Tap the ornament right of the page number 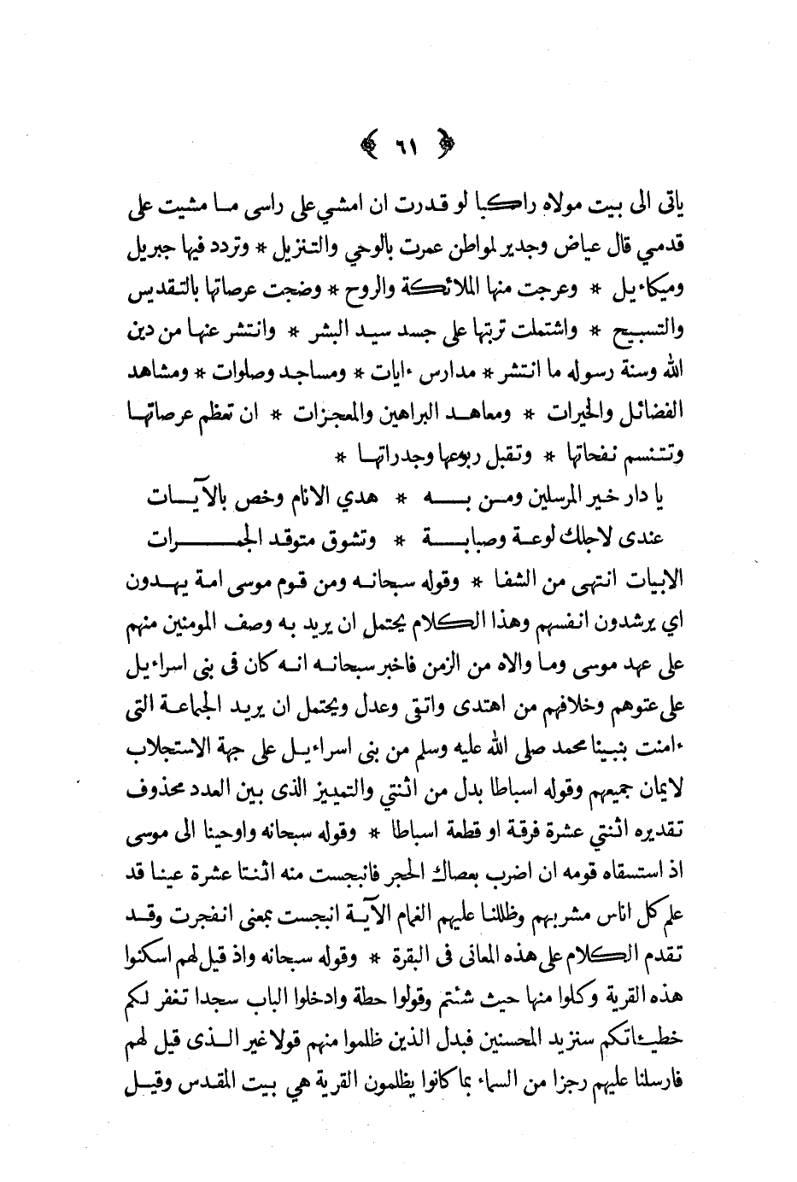click(442, 142)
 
